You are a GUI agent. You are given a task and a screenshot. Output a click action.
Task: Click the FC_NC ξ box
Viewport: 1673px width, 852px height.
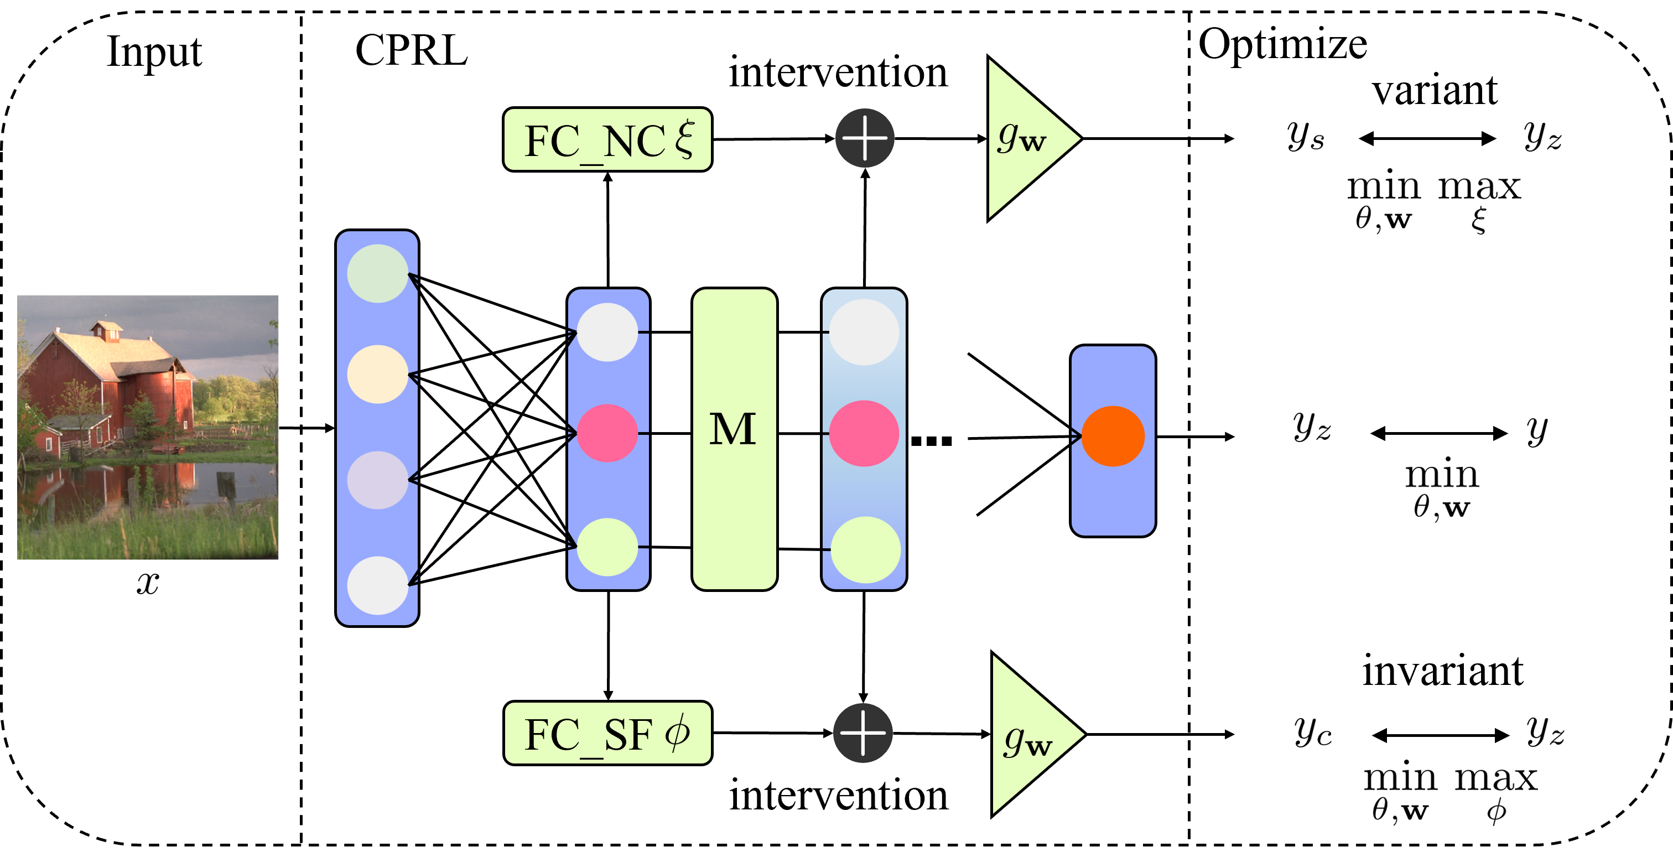coord(607,139)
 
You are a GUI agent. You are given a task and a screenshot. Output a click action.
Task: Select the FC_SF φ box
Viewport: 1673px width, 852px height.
coord(607,732)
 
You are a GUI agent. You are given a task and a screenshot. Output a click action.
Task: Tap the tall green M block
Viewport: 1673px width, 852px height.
coord(734,439)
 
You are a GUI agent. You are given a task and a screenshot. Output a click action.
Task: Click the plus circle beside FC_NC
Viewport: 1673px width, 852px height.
coord(864,138)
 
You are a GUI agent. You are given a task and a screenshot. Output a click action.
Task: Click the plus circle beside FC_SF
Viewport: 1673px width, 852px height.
coord(863,732)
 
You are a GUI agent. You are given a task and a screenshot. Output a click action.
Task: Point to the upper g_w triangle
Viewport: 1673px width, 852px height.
coord(1023,138)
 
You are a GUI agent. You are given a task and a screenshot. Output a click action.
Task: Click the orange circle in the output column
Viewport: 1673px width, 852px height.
coord(1113,437)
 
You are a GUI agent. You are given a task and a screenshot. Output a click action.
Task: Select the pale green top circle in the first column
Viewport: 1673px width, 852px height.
coord(377,273)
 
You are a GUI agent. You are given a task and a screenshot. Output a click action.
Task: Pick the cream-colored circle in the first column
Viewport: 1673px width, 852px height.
coord(377,374)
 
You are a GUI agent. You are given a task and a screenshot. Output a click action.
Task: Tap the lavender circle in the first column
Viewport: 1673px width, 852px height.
coord(377,480)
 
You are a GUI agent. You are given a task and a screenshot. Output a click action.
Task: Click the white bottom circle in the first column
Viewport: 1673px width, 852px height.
coord(377,585)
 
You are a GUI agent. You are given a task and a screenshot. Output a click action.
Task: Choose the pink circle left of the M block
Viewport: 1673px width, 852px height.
coord(607,433)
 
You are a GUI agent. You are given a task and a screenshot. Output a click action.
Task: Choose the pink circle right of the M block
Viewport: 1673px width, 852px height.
coord(864,433)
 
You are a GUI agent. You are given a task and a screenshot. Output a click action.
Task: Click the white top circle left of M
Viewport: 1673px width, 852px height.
coord(607,332)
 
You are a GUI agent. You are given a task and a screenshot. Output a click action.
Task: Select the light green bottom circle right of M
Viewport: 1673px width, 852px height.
coord(865,549)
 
